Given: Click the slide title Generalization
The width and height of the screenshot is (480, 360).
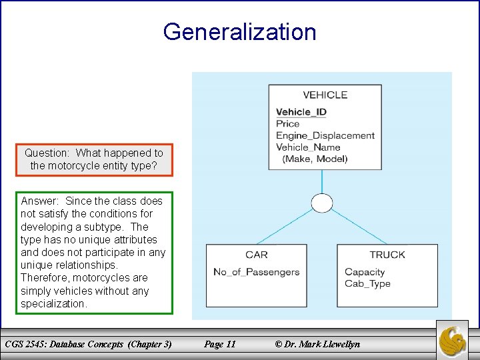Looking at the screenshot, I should [239, 32].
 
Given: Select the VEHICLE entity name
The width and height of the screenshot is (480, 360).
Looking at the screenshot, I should [325, 95].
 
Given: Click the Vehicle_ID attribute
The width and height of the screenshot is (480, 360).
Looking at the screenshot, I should [302, 112].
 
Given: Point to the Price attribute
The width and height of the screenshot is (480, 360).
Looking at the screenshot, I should [288, 123].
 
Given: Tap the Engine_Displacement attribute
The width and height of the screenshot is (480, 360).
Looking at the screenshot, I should [325, 135].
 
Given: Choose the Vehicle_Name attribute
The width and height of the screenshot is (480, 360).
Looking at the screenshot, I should [308, 147].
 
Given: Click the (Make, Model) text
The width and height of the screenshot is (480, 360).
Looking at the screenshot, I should [315, 159].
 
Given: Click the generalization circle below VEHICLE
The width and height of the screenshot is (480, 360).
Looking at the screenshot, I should [322, 203].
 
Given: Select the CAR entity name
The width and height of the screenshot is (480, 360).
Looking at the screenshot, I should [257, 255].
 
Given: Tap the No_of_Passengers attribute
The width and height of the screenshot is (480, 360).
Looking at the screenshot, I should [257, 271].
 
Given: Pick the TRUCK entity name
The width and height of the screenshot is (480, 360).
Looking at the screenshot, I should [387, 255].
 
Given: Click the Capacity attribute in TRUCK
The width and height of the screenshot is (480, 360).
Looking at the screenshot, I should [365, 271].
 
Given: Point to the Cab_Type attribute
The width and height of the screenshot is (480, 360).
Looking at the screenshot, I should [367, 283].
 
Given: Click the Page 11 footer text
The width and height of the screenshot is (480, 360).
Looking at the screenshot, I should [220, 344].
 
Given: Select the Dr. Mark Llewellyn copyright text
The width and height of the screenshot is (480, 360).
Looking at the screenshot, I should [317, 344].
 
